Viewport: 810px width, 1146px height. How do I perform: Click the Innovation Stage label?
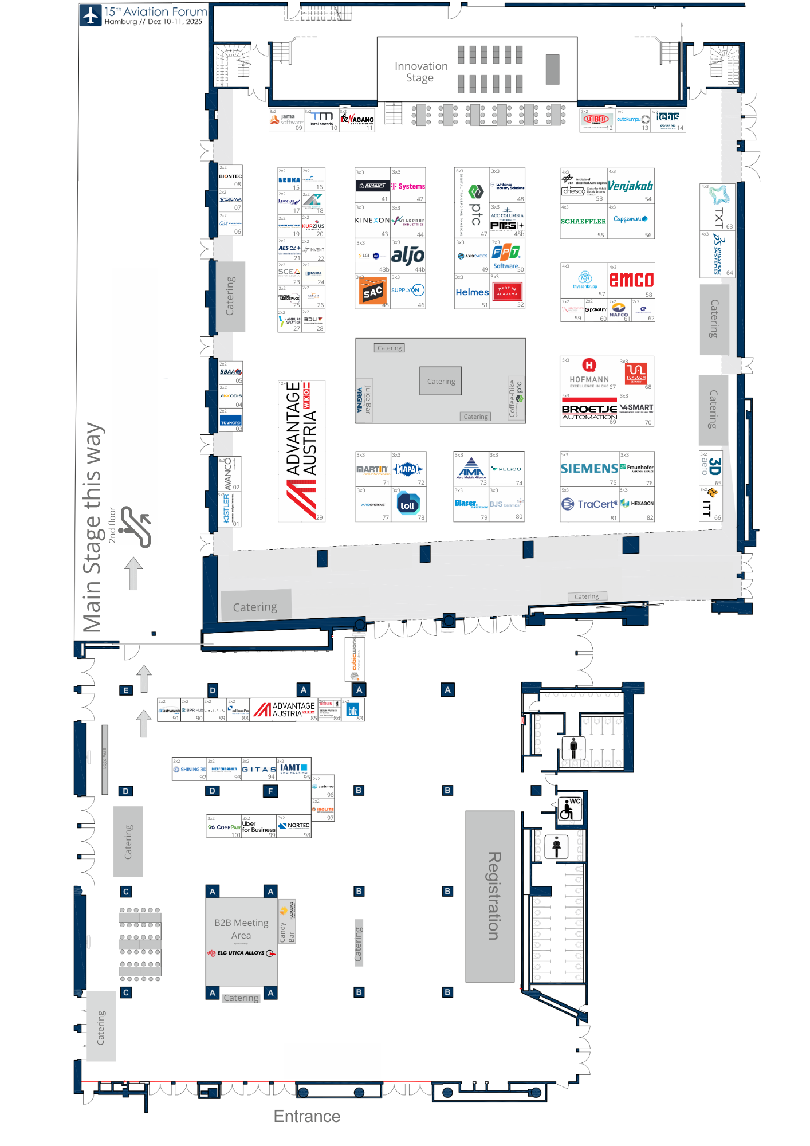pos(420,72)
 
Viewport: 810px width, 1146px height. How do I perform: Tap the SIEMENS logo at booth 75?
pos(589,469)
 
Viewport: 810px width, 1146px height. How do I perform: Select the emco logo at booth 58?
pos(631,280)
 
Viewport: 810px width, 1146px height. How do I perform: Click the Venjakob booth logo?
pos(630,186)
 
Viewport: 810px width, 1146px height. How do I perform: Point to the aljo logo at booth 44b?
pos(408,256)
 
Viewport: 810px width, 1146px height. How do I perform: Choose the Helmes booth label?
pos(472,292)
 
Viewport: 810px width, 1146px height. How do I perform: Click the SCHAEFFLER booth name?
pos(583,221)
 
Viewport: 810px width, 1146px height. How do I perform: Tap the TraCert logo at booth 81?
pos(590,504)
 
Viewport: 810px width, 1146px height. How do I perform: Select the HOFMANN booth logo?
pos(589,372)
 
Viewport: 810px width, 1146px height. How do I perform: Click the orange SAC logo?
pos(372,292)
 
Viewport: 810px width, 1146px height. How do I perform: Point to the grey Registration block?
pos(490,896)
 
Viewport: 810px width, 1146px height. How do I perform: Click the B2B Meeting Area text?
pos(241,929)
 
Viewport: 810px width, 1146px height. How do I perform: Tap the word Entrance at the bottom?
pos(306,1116)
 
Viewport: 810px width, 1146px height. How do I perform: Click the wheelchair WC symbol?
pos(569,809)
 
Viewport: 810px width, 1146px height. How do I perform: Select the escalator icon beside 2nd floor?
pos(136,527)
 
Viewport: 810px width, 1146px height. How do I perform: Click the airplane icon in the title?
pos(91,15)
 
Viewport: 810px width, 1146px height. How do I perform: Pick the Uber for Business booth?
pos(258,827)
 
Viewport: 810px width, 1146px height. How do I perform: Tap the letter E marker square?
pos(126,690)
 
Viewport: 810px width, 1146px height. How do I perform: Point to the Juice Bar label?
pos(368,399)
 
